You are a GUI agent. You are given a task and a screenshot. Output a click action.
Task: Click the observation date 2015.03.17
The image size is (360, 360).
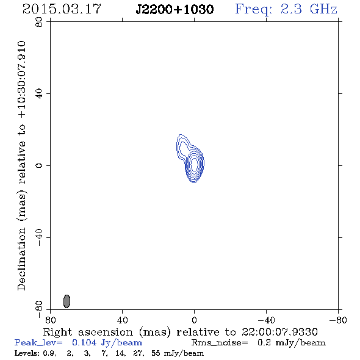click(x=62, y=9)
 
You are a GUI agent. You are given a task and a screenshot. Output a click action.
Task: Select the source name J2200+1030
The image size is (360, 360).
click(x=175, y=9)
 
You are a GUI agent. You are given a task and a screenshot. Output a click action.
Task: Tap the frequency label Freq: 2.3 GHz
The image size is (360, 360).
click(x=286, y=9)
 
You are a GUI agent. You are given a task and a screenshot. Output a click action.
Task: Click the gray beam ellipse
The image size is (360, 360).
click(x=67, y=301)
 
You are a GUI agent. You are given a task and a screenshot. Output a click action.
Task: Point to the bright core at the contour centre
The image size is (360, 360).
click(x=194, y=164)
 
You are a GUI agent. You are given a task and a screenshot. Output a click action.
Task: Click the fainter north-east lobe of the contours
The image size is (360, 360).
click(x=183, y=148)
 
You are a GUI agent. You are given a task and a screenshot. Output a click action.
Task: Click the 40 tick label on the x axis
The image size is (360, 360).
click(x=122, y=320)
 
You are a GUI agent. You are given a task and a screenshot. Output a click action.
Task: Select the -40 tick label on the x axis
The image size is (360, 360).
click(x=266, y=320)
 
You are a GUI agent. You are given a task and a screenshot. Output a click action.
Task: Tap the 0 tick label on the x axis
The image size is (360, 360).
click(x=194, y=320)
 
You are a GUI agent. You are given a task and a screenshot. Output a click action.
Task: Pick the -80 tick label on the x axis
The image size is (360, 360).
click(x=338, y=320)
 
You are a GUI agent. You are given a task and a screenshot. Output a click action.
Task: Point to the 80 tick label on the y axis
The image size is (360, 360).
click(x=39, y=22)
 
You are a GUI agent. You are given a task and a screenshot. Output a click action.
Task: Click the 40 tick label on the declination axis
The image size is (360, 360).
click(x=39, y=94)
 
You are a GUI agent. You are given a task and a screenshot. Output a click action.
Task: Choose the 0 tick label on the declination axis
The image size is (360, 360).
click(x=39, y=165)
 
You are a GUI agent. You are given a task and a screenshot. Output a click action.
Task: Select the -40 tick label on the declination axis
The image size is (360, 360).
click(x=39, y=237)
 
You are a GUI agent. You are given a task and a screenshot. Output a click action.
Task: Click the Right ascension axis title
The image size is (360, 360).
click(x=180, y=332)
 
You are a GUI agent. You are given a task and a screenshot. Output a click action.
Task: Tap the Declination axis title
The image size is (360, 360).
click(x=22, y=165)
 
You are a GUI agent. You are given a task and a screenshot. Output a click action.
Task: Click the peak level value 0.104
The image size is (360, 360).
click(x=84, y=342)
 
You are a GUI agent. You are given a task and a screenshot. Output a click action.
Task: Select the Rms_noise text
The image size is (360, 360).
click(x=220, y=343)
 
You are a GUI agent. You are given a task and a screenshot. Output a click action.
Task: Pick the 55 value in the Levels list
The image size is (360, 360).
click(x=156, y=353)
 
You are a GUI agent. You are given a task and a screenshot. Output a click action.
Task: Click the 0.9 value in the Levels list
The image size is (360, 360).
click(x=49, y=353)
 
